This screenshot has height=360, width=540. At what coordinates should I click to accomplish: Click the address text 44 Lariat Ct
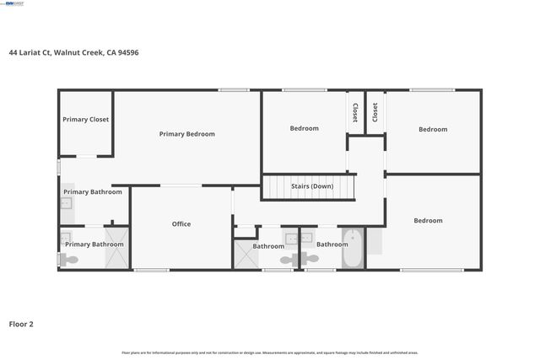tap(29, 52)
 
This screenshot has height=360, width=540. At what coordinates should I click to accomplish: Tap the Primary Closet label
tap(86, 120)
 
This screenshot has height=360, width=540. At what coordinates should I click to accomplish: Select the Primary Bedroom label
tap(187, 134)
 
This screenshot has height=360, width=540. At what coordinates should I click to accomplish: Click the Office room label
tap(181, 224)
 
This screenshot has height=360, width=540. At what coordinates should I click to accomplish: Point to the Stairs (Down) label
tap(312, 186)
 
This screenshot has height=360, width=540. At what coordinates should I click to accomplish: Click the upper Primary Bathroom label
tap(93, 192)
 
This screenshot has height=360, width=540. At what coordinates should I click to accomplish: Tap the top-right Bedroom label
tap(433, 130)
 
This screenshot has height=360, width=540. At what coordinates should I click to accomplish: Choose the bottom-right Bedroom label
tap(428, 221)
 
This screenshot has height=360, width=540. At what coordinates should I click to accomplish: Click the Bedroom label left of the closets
tap(305, 129)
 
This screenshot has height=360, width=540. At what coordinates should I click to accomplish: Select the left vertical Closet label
tap(355, 113)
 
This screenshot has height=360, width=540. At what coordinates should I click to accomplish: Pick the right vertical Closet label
tap(375, 113)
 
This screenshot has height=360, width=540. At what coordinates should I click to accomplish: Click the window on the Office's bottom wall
tap(151, 270)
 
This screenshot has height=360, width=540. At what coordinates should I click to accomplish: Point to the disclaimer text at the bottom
tap(270, 352)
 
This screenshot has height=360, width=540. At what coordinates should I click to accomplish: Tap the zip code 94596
tap(127, 52)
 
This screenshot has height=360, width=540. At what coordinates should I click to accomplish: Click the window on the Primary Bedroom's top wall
tap(234, 90)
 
